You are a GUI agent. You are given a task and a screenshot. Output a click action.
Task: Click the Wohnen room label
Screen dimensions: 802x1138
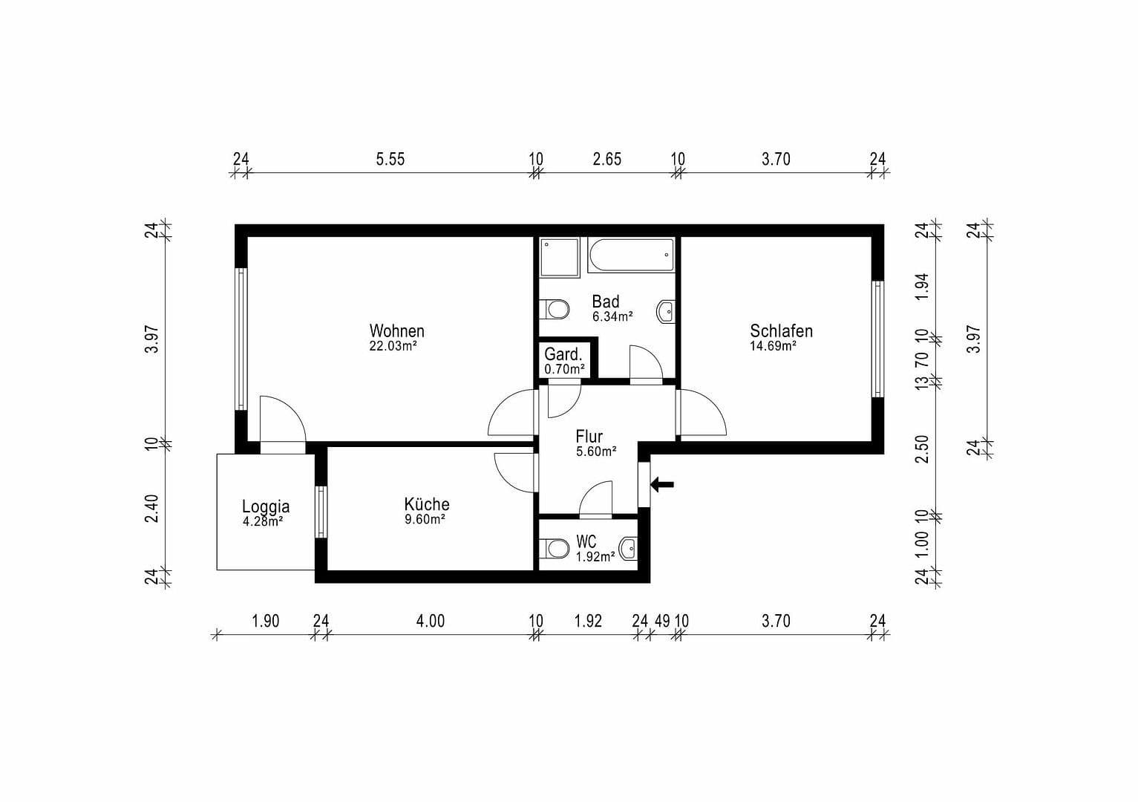[396, 330]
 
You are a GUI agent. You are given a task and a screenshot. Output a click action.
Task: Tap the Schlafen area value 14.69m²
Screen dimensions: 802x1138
[773, 346]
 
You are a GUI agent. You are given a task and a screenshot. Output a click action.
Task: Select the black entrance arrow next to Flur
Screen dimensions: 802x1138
[663, 485]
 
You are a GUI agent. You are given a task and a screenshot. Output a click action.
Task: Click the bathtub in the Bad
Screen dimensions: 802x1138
[631, 255]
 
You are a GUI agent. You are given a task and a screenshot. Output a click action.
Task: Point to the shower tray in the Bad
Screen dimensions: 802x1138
[560, 257]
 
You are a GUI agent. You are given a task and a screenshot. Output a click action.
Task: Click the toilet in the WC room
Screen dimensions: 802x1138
[556, 549]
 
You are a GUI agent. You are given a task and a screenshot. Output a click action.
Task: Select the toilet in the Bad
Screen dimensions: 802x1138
[556, 309]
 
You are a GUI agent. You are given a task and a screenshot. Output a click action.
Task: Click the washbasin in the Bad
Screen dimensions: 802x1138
[666, 312]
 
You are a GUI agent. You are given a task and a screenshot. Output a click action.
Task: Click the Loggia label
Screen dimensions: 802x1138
[265, 506]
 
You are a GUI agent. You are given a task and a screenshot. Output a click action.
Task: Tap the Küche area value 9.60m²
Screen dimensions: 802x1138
[425, 520]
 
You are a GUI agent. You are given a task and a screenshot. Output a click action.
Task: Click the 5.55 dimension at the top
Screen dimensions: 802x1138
[390, 159]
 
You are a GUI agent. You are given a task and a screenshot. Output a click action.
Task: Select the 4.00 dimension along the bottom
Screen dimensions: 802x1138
[430, 621]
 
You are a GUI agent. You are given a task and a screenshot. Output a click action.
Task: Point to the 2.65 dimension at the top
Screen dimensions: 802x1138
[606, 159]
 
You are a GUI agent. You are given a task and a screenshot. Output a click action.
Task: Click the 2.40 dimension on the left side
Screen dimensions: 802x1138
[152, 508]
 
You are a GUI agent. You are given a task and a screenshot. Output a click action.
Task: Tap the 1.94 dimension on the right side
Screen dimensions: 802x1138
[922, 287]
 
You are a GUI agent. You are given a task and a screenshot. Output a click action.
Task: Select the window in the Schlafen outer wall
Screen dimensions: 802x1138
[877, 339]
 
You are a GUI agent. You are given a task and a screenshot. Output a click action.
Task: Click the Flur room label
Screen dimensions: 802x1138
[589, 437]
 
